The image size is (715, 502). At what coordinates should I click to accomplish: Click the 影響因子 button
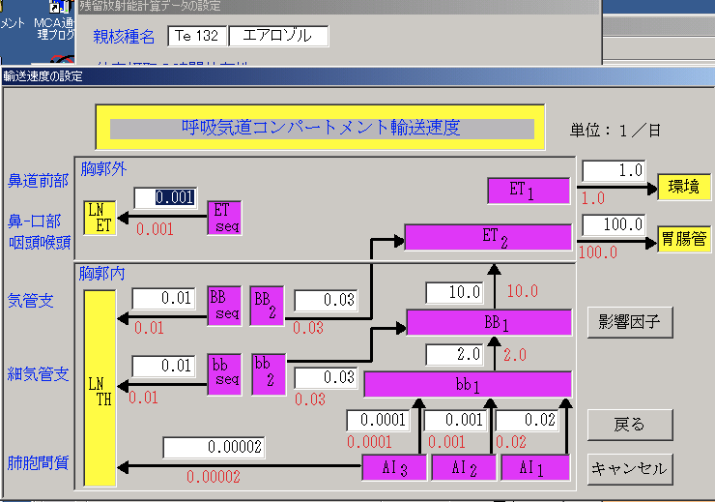(629, 322)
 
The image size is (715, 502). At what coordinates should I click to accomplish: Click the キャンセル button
(629, 469)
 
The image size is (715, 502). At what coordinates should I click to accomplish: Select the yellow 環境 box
(684, 188)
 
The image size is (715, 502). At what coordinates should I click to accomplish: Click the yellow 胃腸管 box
(684, 237)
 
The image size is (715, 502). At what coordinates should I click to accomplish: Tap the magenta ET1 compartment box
(523, 190)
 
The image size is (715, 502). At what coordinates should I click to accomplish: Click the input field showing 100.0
(614, 224)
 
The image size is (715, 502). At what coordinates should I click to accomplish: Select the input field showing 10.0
(454, 291)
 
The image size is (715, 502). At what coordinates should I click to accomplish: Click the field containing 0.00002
(214, 448)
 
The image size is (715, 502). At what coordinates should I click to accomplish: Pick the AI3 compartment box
(393, 467)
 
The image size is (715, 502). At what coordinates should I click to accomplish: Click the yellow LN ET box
(100, 218)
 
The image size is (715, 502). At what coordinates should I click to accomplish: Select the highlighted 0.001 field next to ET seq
(165, 197)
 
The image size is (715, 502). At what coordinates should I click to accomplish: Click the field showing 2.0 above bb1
(454, 354)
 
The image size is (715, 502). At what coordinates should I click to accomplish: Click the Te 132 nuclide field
(196, 36)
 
